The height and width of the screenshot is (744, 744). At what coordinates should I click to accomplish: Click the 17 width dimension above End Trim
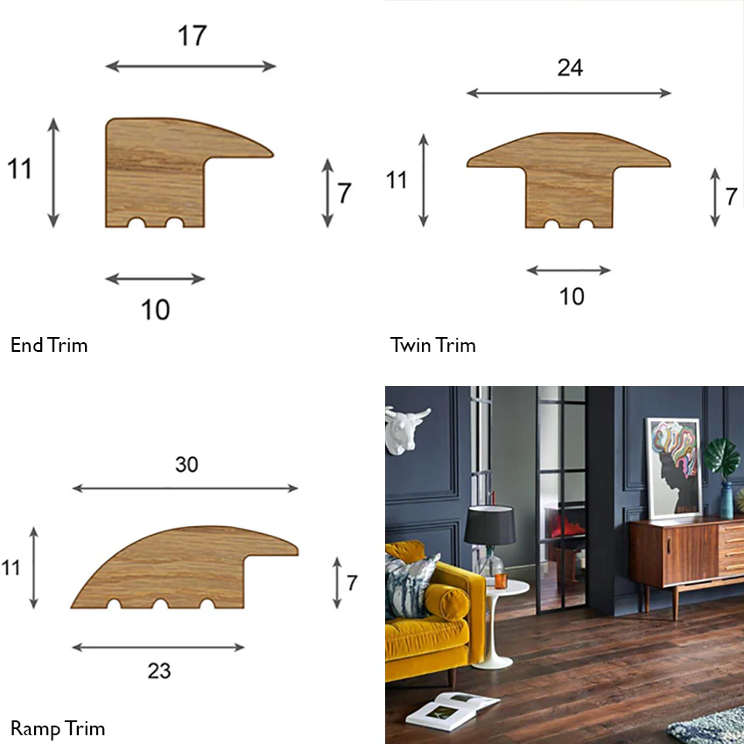point(193,36)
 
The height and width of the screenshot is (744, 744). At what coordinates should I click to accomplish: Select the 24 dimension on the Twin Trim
point(570,68)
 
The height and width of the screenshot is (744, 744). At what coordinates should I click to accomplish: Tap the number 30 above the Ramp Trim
point(186,465)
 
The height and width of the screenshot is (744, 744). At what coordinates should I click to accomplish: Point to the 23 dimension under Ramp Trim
point(159,671)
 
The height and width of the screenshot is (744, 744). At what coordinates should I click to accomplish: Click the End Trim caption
point(49,345)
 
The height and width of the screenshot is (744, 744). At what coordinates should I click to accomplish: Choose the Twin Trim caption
point(432,345)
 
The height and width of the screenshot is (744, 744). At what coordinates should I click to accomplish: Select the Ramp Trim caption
point(58,728)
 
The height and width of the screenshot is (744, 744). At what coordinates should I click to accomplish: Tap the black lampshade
point(490,525)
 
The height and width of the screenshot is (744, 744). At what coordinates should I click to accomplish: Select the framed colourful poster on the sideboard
point(674,468)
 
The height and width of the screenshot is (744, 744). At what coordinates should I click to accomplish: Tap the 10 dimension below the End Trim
point(156,310)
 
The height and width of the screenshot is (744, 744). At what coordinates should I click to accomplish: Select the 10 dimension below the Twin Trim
point(572,297)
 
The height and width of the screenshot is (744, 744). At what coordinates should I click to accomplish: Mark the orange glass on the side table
point(501,581)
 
